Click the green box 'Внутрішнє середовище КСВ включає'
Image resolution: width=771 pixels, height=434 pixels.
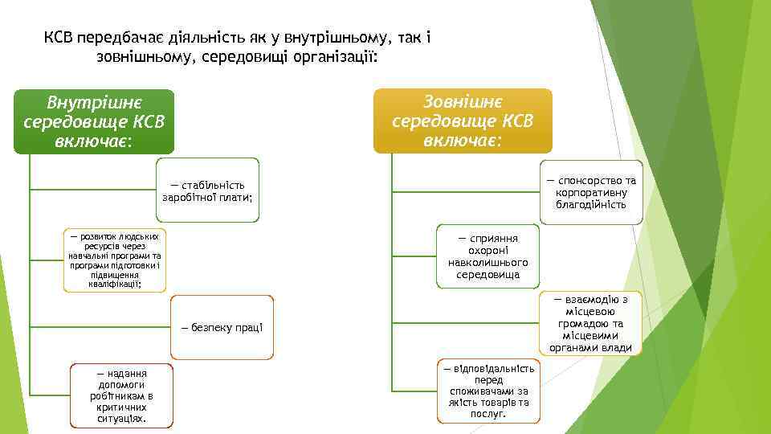[x=94, y=121]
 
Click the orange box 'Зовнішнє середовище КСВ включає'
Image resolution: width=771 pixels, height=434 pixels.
[x=463, y=121]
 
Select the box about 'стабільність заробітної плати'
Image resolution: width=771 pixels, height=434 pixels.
[x=207, y=191]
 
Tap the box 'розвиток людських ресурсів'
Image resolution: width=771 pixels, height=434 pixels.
[x=114, y=260]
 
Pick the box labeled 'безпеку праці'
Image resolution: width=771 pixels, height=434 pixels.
[x=222, y=327]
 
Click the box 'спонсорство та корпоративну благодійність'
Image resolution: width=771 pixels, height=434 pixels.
[x=590, y=192]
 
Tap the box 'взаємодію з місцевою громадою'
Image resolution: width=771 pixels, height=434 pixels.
[x=590, y=323]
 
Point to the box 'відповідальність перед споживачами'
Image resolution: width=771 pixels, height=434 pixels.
[x=488, y=391]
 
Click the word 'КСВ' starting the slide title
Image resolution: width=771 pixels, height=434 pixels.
[x=58, y=38]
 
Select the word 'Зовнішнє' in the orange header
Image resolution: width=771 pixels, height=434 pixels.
[x=463, y=102]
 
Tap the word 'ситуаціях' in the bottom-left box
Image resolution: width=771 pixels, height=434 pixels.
[x=121, y=419]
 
